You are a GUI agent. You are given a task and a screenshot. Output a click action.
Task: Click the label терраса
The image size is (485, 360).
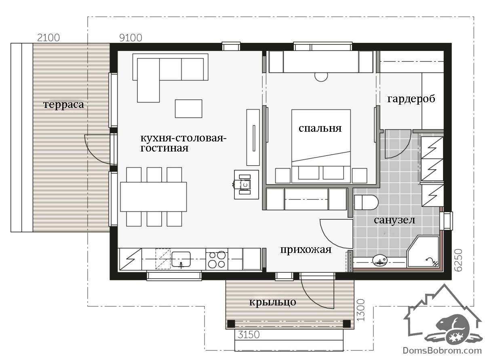click(63, 105)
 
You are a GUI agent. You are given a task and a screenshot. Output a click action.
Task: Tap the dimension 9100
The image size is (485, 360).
click(131, 38)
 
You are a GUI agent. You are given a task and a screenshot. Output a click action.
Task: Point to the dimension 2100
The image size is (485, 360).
click(48, 38)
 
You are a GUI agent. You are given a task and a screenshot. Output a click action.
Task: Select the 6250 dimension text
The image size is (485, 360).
click(458, 260)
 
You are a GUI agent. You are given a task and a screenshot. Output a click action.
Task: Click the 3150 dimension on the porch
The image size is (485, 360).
click(249, 335)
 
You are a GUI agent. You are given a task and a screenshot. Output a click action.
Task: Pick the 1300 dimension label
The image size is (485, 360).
click(361, 310)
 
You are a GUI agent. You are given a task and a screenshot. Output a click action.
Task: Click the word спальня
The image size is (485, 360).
click(320, 128)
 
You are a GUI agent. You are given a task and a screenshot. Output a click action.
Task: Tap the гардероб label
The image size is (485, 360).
click(411, 99)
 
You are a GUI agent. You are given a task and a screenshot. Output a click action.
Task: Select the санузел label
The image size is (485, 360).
click(394, 220)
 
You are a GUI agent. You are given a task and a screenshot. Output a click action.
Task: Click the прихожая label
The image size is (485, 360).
click(306, 250)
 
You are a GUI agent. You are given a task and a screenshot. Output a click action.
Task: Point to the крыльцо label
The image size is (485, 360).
click(273, 303)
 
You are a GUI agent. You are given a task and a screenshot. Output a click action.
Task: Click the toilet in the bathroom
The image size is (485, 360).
click(366, 202)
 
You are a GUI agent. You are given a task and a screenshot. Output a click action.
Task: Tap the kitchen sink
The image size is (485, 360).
click(181, 259)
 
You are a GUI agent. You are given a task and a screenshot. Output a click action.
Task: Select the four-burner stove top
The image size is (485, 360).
click(217, 259)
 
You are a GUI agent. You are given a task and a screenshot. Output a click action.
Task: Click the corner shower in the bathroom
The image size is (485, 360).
click(423, 251)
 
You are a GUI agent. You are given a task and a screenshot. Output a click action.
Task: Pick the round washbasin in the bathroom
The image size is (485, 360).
click(380, 261)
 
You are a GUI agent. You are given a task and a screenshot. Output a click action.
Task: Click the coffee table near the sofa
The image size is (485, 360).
click(188, 109)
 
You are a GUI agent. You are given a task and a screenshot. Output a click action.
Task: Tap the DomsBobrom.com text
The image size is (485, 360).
click(442, 351)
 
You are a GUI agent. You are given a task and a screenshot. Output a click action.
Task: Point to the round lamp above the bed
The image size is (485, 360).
click(321, 76)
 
